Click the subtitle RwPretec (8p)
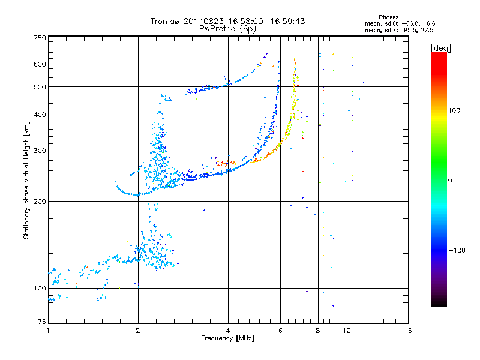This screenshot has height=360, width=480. [x=227, y=29]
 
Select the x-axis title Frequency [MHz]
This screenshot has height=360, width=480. [x=227, y=338]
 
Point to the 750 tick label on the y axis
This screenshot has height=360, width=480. [x=40, y=38]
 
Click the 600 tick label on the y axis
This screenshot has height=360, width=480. [x=40, y=64]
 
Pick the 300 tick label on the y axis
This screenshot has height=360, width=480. [x=40, y=151]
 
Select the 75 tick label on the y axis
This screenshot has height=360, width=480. [x=42, y=322]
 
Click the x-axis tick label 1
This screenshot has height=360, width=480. [x=48, y=331]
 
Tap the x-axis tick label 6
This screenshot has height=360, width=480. [x=280, y=331]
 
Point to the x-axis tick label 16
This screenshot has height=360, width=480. [x=408, y=331]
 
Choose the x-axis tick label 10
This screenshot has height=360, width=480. [x=347, y=331]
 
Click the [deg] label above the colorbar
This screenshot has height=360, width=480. [x=440, y=48]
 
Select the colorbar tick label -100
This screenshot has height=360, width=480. [x=457, y=250]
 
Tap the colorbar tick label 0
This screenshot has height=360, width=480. [x=450, y=181]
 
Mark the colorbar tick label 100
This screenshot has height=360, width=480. [x=454, y=110]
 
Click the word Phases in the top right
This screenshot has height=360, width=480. [x=388, y=17]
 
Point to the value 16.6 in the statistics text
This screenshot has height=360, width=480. [x=429, y=23]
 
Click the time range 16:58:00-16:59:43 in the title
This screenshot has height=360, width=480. [x=266, y=21]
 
